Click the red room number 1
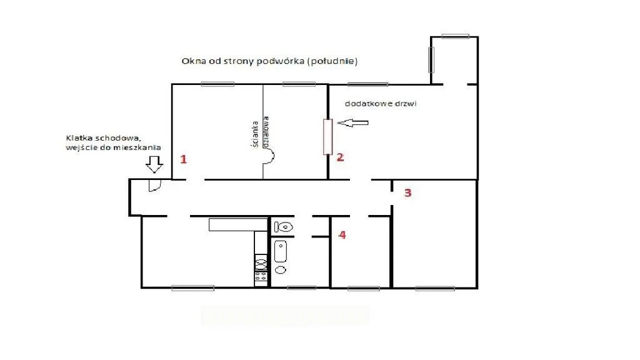pos(184,159)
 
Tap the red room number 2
pos(340,157)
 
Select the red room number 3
pos(407,192)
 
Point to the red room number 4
pos(342,235)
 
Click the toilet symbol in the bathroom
pos(283,226)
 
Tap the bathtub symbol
pos(281,251)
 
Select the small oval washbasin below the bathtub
pos(281,270)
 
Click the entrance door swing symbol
pos(155,186)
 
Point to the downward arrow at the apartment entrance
pos(154,164)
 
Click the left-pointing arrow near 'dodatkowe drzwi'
pos(352,122)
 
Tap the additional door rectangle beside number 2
pos(327,137)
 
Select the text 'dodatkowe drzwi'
pos(381,104)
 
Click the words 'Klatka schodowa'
pos(103,138)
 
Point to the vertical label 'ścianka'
pos(256,134)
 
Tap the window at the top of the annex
pos(455,36)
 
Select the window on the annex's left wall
pos(431,59)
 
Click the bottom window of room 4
pos(363,288)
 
